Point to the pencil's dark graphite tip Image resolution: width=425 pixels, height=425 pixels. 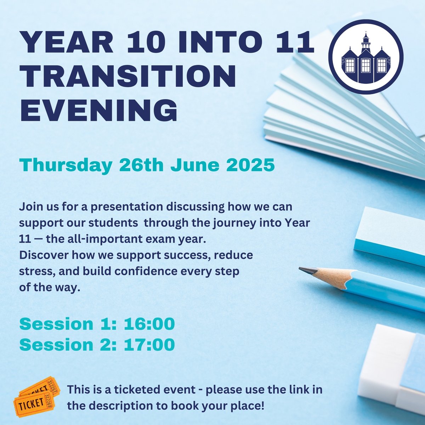click(x=307, y=271)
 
